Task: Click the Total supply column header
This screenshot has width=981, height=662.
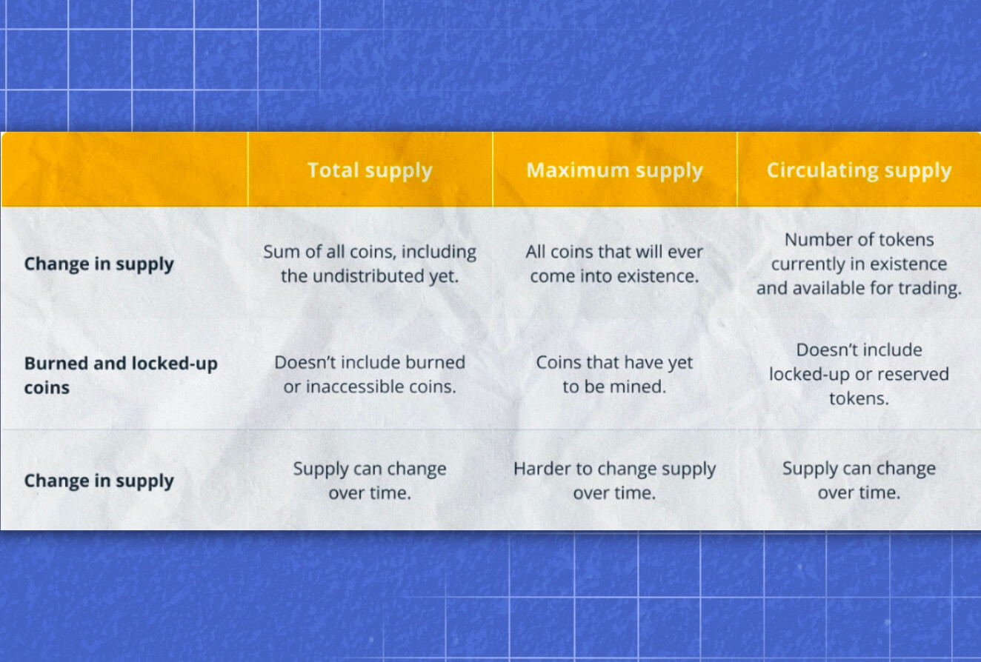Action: click(x=370, y=170)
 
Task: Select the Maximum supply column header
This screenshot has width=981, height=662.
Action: click(x=614, y=170)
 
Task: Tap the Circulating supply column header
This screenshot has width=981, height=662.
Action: click(x=859, y=170)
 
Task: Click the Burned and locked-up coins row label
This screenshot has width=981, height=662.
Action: click(x=121, y=375)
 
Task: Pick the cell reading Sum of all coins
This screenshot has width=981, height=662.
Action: click(x=370, y=264)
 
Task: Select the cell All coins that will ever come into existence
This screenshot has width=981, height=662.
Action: click(x=614, y=264)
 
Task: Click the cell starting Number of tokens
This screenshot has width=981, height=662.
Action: click(x=859, y=264)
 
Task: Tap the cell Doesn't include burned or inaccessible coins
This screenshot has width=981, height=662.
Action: click(x=370, y=374)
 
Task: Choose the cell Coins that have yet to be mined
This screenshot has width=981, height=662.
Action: click(x=614, y=374)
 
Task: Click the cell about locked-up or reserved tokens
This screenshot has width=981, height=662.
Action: click(x=859, y=374)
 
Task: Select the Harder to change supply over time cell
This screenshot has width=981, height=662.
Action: click(x=614, y=481)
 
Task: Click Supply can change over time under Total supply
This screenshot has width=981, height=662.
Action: click(x=370, y=481)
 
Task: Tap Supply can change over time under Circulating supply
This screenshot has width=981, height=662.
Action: click(x=859, y=481)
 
